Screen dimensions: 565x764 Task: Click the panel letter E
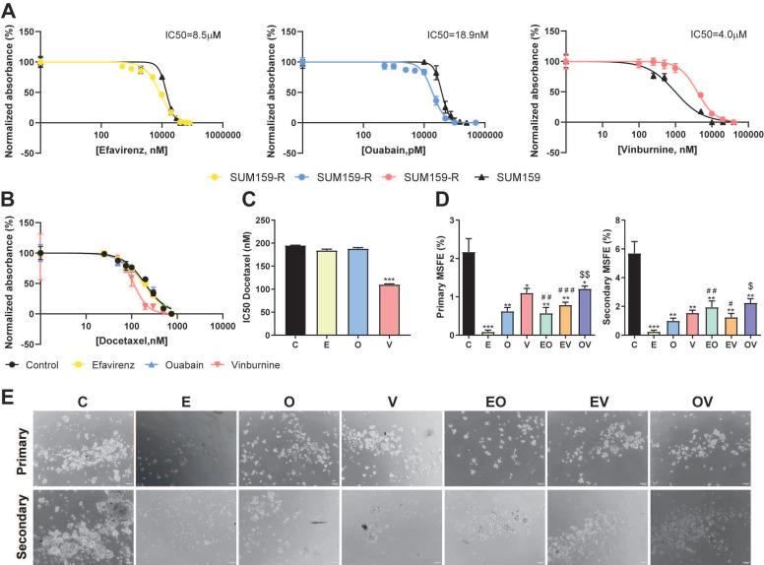click(10, 377)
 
